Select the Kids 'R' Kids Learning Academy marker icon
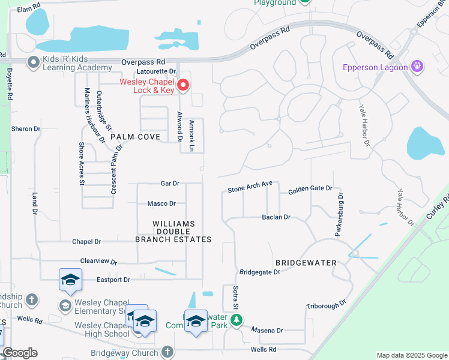click(x=34, y=61)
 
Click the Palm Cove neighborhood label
click(x=135, y=137)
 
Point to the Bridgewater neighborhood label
click(x=306, y=263)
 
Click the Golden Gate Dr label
click(x=310, y=189)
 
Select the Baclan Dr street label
click(x=276, y=217)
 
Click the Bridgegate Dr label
click(x=259, y=272)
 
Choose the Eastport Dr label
click(x=113, y=280)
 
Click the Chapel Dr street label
click(x=86, y=241)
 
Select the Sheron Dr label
click(x=26, y=128)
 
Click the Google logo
click(x=20, y=353)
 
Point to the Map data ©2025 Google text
click(x=411, y=355)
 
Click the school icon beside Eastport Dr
click(x=70, y=280)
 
